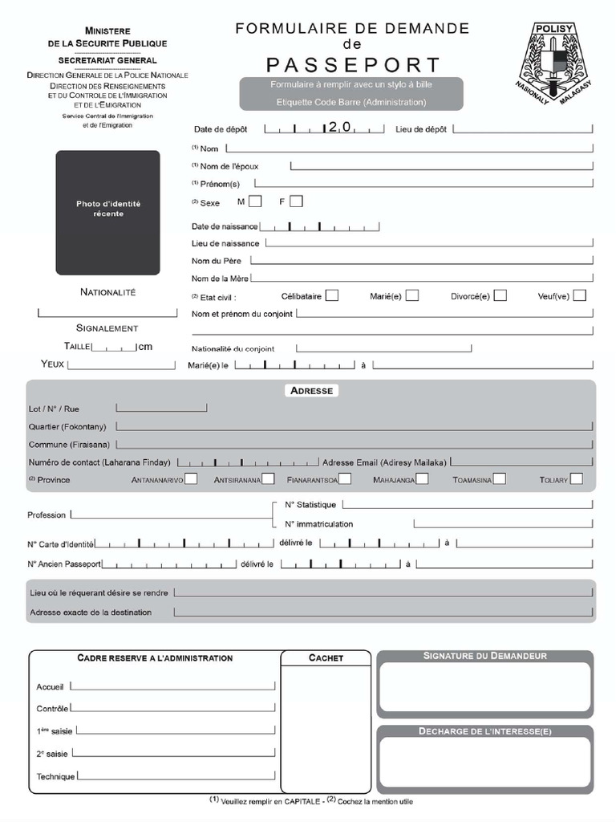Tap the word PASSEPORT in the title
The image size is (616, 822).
click(x=353, y=64)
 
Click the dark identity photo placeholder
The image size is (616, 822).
click(x=107, y=213)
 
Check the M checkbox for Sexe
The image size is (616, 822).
click(x=255, y=201)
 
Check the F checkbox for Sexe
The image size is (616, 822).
click(x=296, y=201)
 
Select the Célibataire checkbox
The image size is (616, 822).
click(x=331, y=295)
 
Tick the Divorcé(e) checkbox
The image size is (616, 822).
click(x=500, y=295)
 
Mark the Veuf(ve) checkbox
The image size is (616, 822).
click(x=579, y=295)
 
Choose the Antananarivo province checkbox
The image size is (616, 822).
click(x=191, y=479)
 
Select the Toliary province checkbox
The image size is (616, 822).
click(x=576, y=479)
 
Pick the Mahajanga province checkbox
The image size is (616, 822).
click(x=422, y=479)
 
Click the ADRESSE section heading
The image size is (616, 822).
click(x=311, y=390)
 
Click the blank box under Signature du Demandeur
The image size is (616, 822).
click(x=485, y=687)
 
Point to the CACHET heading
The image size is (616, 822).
click(x=326, y=657)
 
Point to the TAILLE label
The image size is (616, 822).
click(x=77, y=346)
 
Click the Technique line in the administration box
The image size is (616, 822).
click(x=176, y=775)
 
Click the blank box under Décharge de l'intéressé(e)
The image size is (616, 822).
click(x=485, y=762)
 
